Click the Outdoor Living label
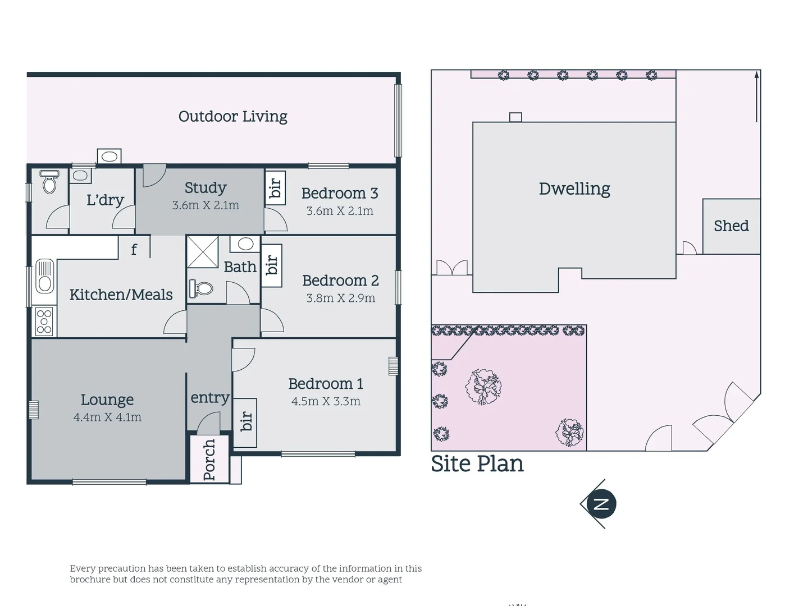click(232, 117)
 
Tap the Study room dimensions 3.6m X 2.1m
click(206, 205)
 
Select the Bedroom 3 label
click(339, 194)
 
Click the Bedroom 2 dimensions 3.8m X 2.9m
click(340, 298)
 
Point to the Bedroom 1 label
click(325, 384)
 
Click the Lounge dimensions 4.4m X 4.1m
click(107, 417)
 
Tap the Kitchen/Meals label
click(121, 295)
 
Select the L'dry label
click(105, 200)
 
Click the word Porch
click(209, 460)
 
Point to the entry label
click(209, 398)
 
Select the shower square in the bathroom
click(202, 252)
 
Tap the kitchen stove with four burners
click(44, 322)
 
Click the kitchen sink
click(44, 277)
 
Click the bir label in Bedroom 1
click(246, 421)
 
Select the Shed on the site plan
click(731, 226)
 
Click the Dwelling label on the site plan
click(574, 189)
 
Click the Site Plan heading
click(477, 464)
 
